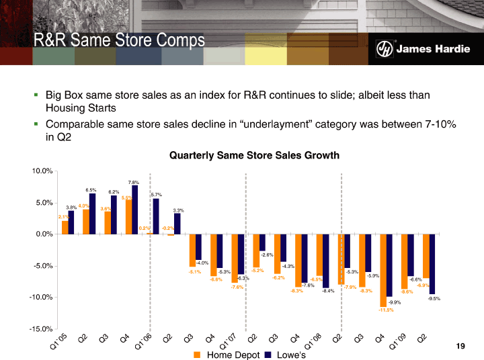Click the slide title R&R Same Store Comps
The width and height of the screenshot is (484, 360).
pos(119,41)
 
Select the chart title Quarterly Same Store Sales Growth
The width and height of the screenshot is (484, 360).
pos(255,155)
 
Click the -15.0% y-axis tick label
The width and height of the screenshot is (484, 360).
pos(39,329)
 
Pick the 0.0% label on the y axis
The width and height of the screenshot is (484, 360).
pos(42,234)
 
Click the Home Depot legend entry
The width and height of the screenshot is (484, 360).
pos(222,354)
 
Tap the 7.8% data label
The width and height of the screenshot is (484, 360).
pos(133,182)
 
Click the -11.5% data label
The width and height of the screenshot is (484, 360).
pos(385,310)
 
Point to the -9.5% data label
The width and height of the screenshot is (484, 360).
pos(434,298)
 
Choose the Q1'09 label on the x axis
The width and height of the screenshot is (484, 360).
pos(399,344)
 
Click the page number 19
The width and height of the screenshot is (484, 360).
pos(460,346)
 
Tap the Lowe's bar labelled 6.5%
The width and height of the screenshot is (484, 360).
pos(93,214)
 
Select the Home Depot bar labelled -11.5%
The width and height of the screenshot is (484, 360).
pos(383,270)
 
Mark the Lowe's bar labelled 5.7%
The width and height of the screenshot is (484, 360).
pos(156,216)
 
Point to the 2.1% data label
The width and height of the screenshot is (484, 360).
pos(62,217)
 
